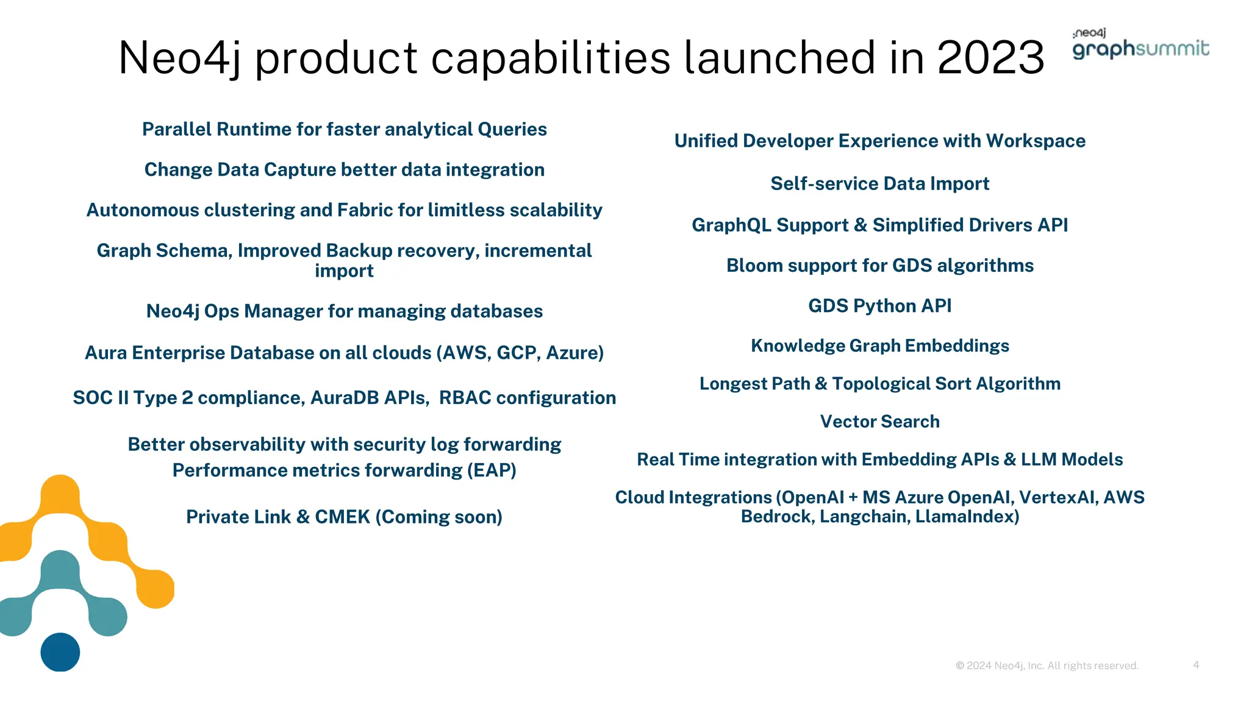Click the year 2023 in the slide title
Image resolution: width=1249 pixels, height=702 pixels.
pyautogui.click(x=990, y=58)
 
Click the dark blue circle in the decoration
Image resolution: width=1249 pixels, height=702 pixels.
pyautogui.click(x=60, y=652)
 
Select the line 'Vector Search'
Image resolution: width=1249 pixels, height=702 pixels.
pyautogui.click(x=879, y=422)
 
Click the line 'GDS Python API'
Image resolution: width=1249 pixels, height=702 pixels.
pyautogui.click(x=879, y=306)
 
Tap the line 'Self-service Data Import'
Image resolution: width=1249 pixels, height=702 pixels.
pyautogui.click(x=879, y=183)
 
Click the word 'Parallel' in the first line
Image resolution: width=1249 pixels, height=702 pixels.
pyautogui.click(x=177, y=129)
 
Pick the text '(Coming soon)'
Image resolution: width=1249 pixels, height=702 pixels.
pyautogui.click(x=438, y=517)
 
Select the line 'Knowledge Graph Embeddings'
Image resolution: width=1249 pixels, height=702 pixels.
pyautogui.click(x=879, y=346)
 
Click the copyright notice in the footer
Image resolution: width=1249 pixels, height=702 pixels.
pyautogui.click(x=1047, y=665)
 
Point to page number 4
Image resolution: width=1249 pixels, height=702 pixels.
pyautogui.click(x=1196, y=665)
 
